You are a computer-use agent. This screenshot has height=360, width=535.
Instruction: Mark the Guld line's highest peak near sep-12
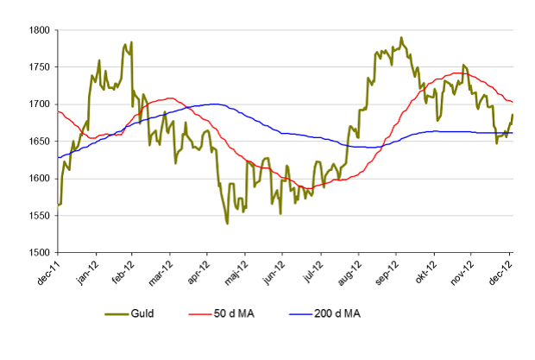pyautogui.click(x=401, y=38)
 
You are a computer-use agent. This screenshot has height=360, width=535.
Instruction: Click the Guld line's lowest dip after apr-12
pyautogui.click(x=227, y=223)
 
